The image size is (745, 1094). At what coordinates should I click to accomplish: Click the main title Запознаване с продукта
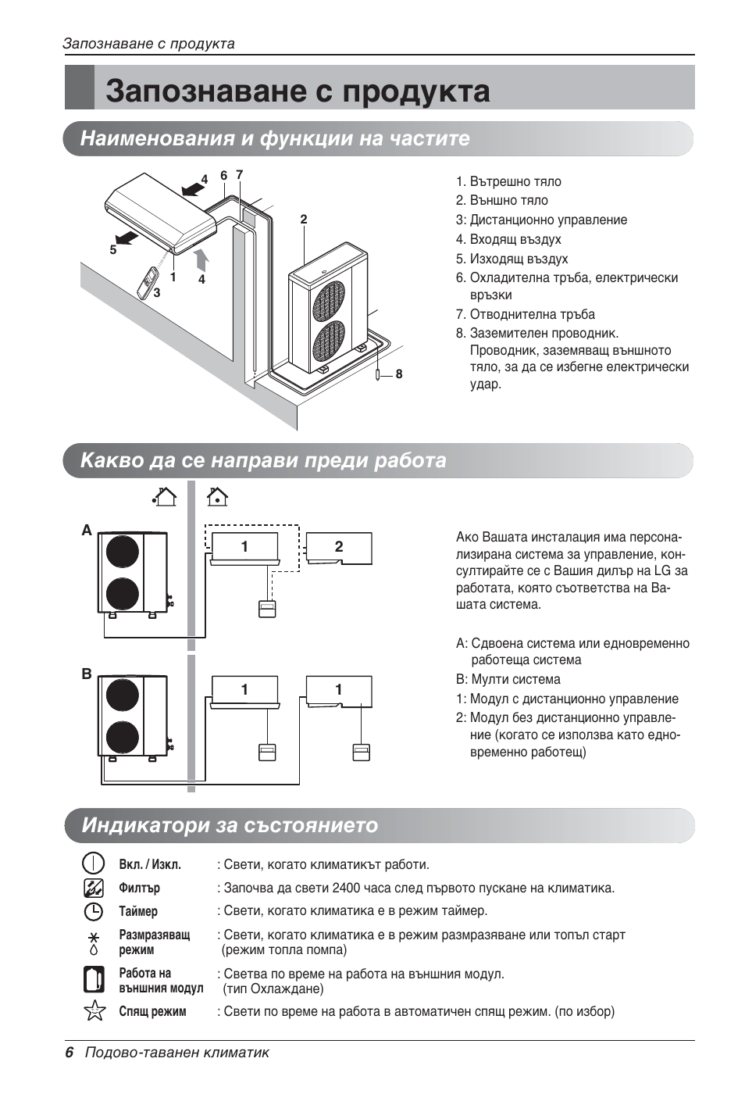(x=298, y=91)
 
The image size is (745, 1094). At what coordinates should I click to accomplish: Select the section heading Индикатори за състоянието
(x=230, y=825)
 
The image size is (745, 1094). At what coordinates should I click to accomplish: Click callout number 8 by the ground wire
(x=399, y=374)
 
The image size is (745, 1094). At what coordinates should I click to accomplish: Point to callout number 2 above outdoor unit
(x=304, y=220)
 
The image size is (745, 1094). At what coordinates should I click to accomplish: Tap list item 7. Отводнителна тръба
(x=532, y=314)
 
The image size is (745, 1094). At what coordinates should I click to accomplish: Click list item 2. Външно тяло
(x=508, y=201)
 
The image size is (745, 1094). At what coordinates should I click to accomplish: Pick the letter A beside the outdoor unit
(x=87, y=531)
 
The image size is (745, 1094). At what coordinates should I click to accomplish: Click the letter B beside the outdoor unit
(x=87, y=674)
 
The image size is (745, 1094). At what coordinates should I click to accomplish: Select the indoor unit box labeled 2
(x=338, y=548)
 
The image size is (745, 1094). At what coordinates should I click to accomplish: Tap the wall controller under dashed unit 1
(x=267, y=609)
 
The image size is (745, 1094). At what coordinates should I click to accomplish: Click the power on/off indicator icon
(x=94, y=864)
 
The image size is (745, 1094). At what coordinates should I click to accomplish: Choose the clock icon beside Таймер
(x=94, y=911)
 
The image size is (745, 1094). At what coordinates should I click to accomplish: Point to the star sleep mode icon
(x=94, y=1010)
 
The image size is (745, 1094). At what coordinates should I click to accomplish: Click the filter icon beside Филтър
(x=94, y=888)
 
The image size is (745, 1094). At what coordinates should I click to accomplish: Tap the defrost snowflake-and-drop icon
(x=94, y=942)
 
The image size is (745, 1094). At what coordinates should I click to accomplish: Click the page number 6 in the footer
(x=69, y=1053)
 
